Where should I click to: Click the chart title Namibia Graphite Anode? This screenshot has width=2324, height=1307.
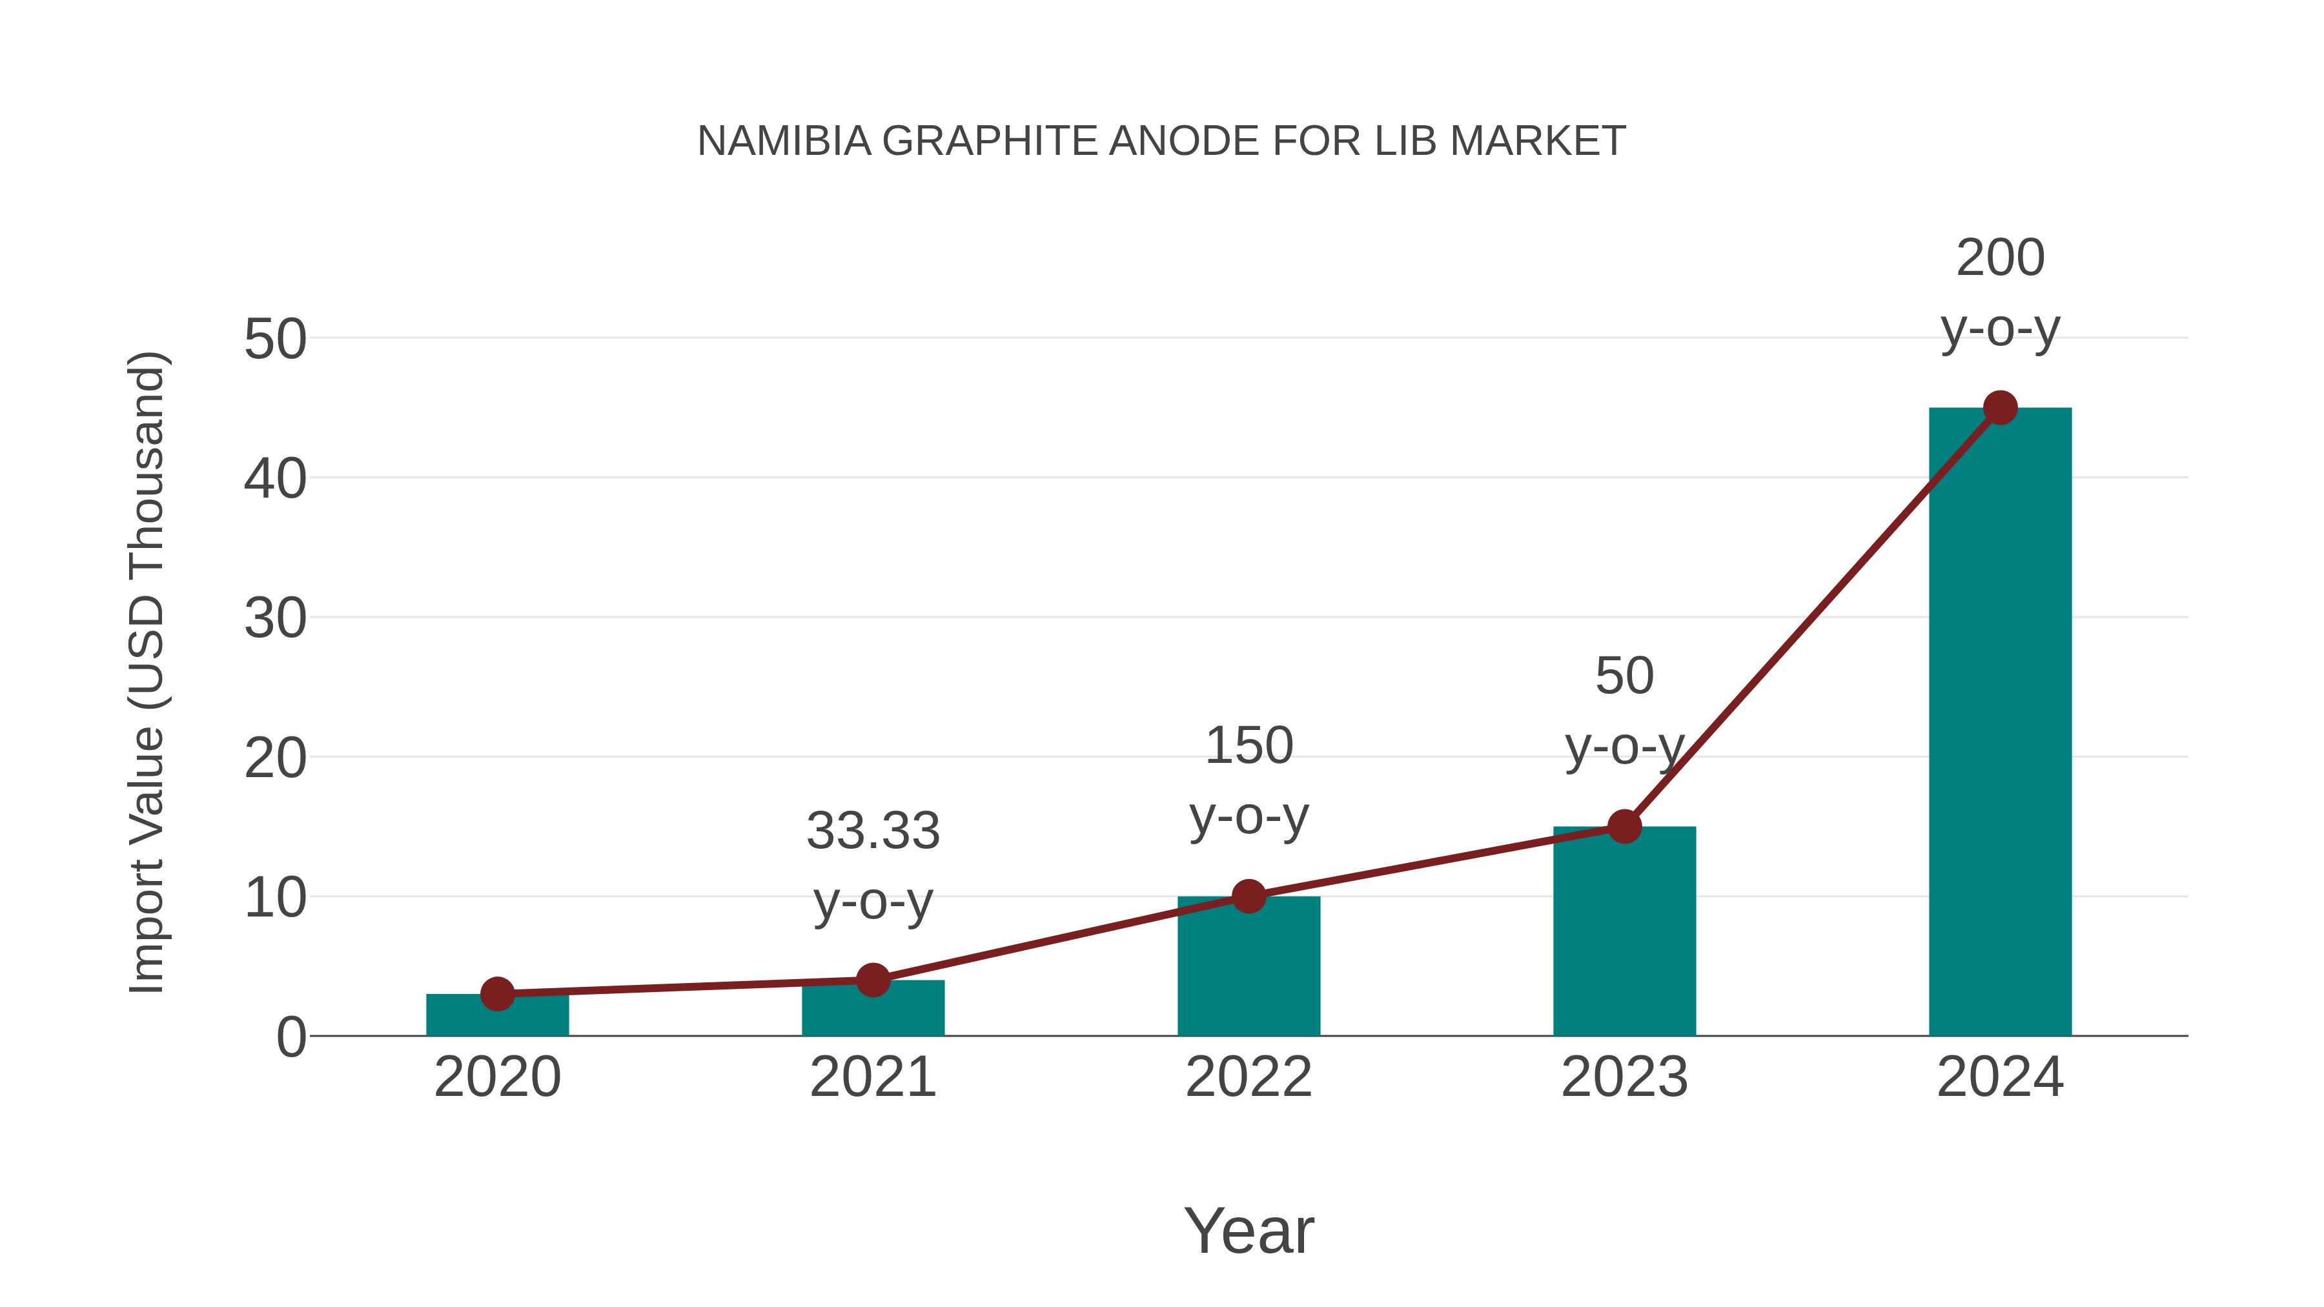(x=1161, y=141)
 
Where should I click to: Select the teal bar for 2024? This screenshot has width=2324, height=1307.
(x=1999, y=722)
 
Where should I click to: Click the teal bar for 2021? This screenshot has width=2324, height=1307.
(x=872, y=1010)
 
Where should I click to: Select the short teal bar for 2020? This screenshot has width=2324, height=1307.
(x=497, y=1017)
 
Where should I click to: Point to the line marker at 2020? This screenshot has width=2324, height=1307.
(x=497, y=994)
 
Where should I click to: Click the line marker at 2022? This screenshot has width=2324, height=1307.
(x=1249, y=897)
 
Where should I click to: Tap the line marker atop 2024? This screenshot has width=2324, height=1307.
(x=2000, y=408)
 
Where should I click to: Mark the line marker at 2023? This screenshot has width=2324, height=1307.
(x=1624, y=826)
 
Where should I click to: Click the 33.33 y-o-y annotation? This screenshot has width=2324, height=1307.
(x=872, y=866)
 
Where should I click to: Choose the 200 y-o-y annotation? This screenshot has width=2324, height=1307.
(x=2000, y=293)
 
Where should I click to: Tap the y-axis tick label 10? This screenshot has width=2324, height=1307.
(x=275, y=898)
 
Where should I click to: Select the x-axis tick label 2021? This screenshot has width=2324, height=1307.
(x=872, y=1077)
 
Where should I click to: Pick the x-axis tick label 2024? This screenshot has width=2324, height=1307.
(x=2000, y=1077)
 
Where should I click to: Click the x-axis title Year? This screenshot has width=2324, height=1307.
(x=1249, y=1230)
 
